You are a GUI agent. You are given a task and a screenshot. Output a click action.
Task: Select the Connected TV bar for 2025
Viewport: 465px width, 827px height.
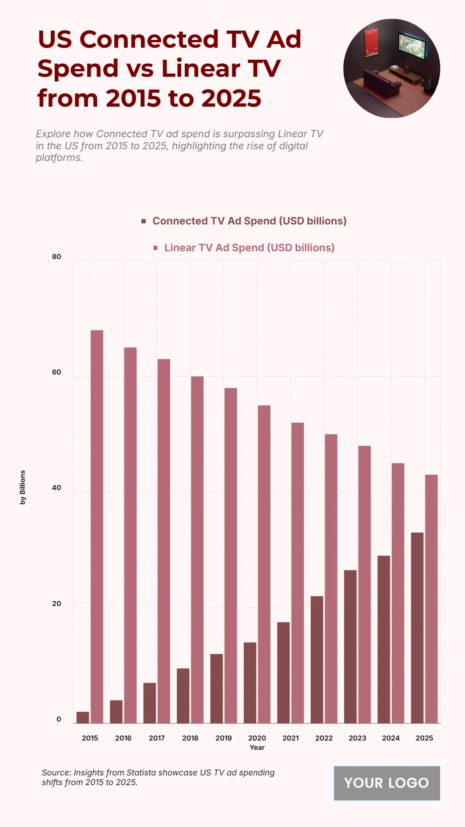coord(417,628)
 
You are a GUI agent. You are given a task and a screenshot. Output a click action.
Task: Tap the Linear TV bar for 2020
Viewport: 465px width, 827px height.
coord(264,564)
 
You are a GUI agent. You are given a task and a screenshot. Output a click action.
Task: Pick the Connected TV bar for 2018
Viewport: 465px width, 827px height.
coord(183,696)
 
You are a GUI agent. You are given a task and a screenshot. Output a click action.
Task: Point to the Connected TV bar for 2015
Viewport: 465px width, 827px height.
coord(83,717)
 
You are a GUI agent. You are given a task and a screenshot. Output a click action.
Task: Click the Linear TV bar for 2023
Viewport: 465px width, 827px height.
coord(364,584)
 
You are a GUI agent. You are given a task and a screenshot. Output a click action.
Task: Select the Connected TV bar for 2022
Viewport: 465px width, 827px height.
coord(317,660)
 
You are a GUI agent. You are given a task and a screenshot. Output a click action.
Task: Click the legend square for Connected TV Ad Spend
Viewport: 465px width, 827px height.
coord(144,221)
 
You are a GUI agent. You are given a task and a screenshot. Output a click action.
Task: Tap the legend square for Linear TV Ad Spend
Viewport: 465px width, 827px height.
coord(155,248)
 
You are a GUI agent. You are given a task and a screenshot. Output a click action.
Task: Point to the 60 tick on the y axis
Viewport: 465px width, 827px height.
coord(57,372)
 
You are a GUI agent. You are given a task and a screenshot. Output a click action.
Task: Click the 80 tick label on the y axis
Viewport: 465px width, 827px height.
coord(57,257)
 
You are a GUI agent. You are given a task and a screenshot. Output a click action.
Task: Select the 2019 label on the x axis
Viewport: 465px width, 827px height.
coord(224,738)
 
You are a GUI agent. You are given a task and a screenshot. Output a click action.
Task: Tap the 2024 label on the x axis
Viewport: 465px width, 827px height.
coord(391,738)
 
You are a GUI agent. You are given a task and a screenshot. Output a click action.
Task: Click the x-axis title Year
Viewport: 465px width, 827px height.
coord(257,748)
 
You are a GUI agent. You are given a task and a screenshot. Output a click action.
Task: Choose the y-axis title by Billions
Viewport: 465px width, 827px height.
coord(22,487)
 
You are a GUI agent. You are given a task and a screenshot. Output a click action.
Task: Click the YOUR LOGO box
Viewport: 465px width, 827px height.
coord(387,783)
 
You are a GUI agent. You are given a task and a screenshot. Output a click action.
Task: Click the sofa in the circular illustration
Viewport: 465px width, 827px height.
coord(382,83)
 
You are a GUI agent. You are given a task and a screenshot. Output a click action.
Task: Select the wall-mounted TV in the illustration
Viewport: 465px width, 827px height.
coord(412,46)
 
